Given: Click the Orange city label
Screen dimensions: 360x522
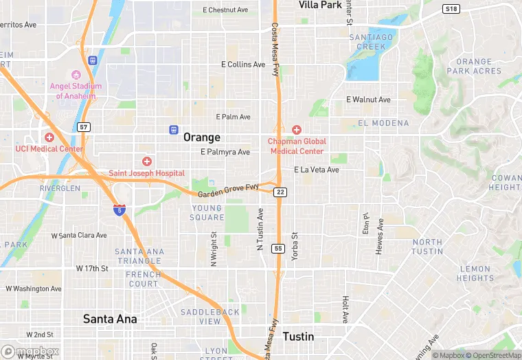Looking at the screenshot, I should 202,137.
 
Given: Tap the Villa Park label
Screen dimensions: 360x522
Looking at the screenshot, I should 320,5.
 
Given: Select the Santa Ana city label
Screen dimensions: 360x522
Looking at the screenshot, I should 110,319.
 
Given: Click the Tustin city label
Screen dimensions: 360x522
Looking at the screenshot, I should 298,337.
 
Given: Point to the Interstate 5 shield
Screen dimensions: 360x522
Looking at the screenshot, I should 120,210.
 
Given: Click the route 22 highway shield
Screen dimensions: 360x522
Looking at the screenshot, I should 280,192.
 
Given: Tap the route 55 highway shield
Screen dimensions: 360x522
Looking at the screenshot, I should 278,248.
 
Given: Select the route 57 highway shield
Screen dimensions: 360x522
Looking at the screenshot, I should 83,127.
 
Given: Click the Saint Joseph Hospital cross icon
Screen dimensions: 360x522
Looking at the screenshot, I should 146,161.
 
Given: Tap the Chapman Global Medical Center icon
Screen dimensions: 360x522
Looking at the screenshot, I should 297,129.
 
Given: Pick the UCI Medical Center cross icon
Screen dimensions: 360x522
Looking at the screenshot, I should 49,137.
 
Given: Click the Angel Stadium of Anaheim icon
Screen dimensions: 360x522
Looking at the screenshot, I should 76,74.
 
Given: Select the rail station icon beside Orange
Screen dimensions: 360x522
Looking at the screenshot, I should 174,129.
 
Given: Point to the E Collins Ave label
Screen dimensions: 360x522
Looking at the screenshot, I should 243,65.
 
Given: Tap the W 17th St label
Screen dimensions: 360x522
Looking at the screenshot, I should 92,268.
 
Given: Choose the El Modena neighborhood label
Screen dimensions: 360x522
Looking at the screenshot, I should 383,124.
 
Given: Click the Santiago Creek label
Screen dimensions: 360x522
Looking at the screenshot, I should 371,41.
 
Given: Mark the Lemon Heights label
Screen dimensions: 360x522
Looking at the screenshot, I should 475,273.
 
